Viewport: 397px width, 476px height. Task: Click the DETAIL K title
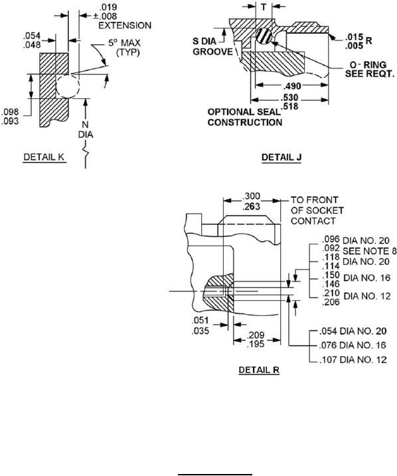44,157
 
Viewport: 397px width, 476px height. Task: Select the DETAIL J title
281,157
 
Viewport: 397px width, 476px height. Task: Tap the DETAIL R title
259,370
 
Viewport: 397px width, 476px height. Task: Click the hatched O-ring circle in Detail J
264,36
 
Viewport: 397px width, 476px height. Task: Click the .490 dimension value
292,86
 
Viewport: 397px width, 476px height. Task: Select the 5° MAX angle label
124,43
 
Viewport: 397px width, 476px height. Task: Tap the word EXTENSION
125,25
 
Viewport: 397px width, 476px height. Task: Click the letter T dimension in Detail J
264,7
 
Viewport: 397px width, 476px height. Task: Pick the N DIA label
86,129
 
